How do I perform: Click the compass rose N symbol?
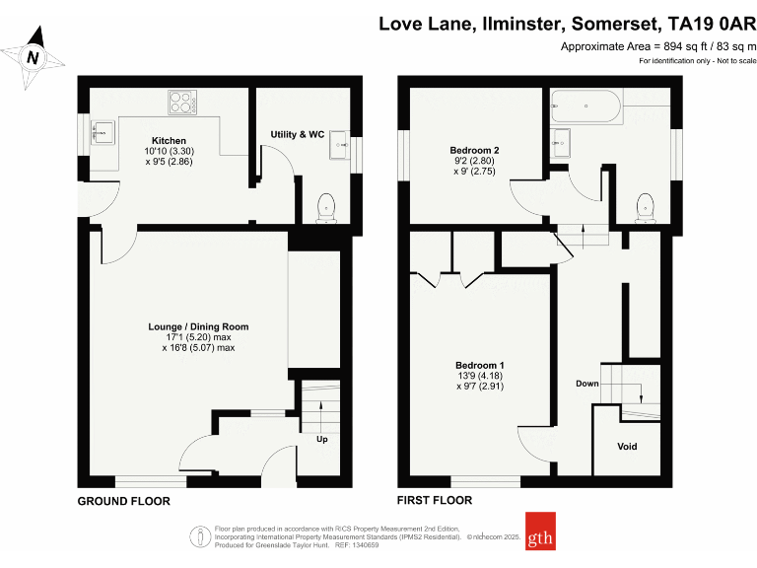coord(33,58)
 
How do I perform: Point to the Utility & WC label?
coord(298,134)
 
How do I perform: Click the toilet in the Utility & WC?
coord(326,205)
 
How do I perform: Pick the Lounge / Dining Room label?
coord(198,326)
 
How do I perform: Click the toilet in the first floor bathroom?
coord(645,205)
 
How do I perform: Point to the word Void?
coord(627,447)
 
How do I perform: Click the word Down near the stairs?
coord(587,384)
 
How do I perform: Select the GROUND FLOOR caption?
coord(124,501)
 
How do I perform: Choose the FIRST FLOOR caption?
coord(434,501)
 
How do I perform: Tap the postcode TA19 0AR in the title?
coord(708,23)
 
